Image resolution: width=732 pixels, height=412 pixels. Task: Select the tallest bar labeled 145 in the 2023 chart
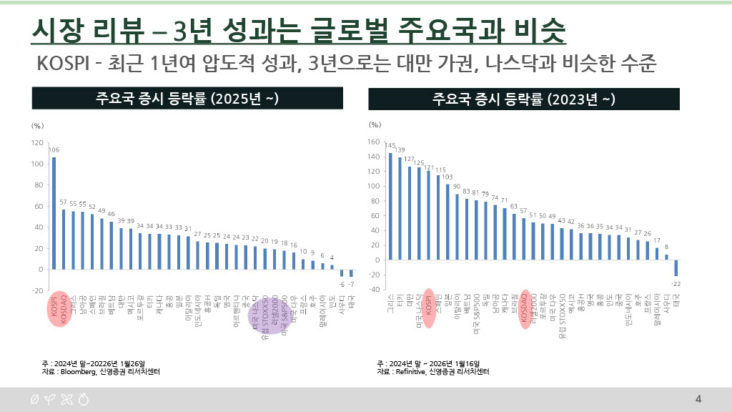[x=390, y=207]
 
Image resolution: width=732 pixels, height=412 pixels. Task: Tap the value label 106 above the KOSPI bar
[x=54, y=150]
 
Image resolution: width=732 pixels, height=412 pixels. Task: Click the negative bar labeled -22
[x=676, y=268]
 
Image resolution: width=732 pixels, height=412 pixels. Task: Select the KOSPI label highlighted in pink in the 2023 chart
[x=428, y=308]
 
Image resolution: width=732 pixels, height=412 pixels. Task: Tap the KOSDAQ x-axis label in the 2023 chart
[x=525, y=308]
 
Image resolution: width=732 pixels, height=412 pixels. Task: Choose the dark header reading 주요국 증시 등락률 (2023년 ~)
[x=524, y=99]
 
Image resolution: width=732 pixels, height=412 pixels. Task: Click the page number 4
[x=698, y=399]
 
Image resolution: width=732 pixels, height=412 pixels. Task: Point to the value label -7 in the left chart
[x=351, y=284]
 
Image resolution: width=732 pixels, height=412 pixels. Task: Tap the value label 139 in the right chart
[x=400, y=150]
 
